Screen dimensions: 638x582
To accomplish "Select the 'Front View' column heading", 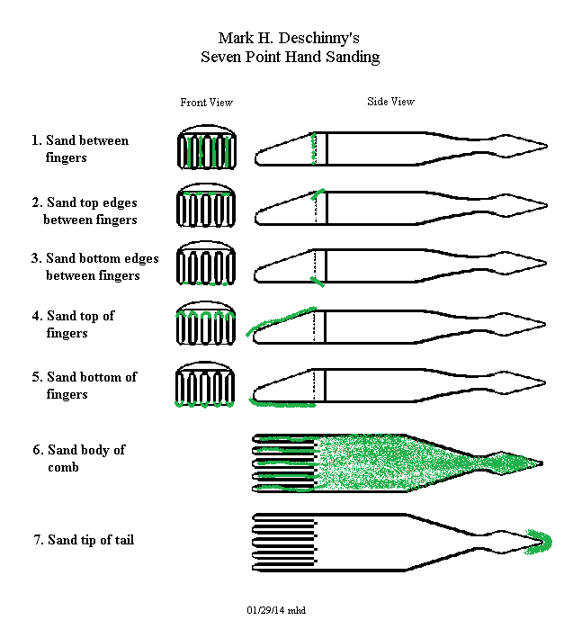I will (x=206, y=103).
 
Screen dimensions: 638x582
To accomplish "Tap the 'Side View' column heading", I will (x=390, y=102).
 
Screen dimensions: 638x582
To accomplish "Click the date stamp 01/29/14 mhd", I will (x=276, y=610).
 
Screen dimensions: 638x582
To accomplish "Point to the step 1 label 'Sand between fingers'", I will (x=79, y=148).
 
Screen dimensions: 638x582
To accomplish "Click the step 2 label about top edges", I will (x=84, y=211).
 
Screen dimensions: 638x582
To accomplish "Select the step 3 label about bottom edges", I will (x=94, y=266).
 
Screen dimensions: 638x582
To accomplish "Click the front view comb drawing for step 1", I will (x=206, y=147).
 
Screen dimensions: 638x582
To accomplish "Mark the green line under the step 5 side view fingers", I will (x=282, y=405).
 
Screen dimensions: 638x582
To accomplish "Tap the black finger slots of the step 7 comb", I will (x=284, y=540).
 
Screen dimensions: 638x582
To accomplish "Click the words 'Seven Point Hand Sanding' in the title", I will (x=290, y=57).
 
